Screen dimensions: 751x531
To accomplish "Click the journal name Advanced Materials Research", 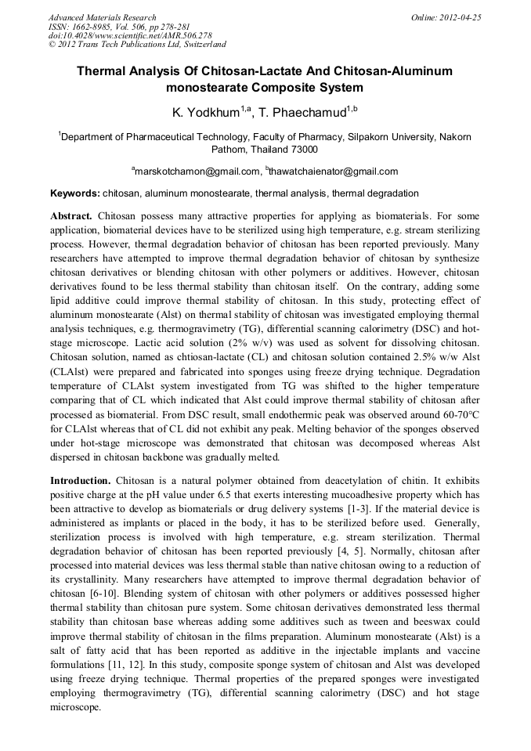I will click(102, 17).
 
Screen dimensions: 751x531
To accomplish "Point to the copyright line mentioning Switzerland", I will click(137, 45).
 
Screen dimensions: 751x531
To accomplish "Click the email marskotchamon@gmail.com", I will click(197, 172).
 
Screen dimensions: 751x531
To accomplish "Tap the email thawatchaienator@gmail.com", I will click(334, 172).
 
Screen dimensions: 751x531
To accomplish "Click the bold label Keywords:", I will click(75, 193).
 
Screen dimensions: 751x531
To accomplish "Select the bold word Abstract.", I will click(71, 215).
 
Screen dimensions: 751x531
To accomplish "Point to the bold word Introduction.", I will click(80, 479).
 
